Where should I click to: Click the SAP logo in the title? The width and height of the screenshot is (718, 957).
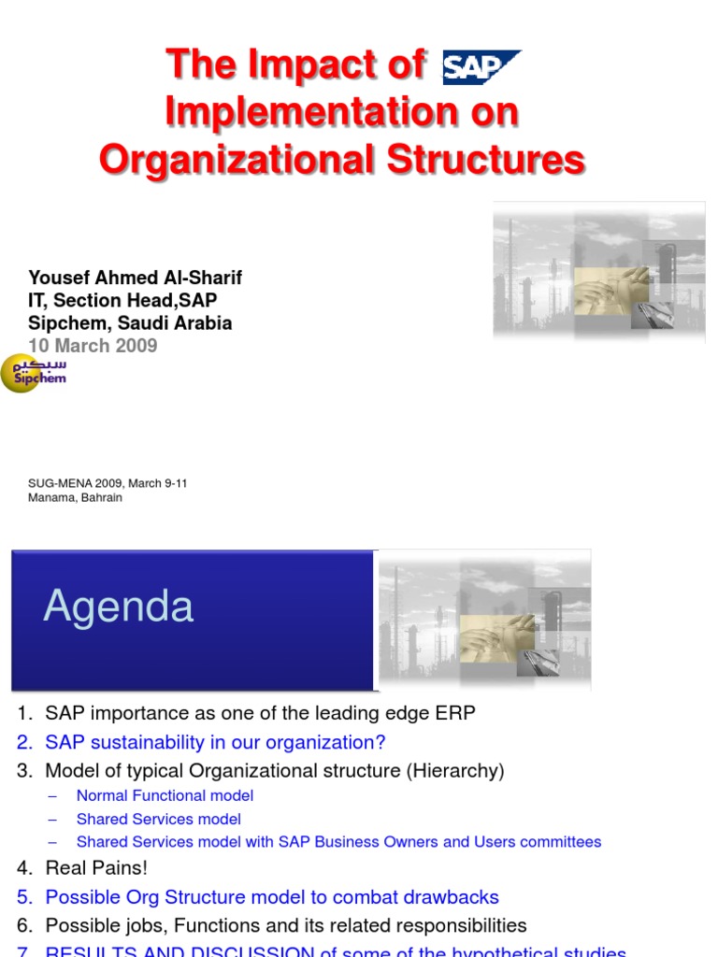click(x=481, y=66)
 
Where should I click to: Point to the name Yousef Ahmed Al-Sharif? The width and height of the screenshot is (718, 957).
click(x=136, y=279)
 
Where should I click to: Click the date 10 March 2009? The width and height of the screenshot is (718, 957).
click(x=93, y=346)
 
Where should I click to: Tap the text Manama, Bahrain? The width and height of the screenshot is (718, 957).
click(x=75, y=498)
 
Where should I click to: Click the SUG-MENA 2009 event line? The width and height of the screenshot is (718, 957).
click(x=108, y=483)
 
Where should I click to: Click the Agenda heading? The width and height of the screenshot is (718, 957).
click(x=119, y=607)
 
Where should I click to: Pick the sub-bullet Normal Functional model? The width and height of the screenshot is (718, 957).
click(x=165, y=795)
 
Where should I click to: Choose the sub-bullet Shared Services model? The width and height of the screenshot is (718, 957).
click(x=159, y=819)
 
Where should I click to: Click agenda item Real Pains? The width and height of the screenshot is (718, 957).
click(x=96, y=868)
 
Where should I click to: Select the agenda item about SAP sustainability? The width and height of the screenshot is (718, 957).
click(x=215, y=742)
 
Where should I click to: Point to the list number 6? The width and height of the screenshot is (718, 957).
click(x=25, y=926)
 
